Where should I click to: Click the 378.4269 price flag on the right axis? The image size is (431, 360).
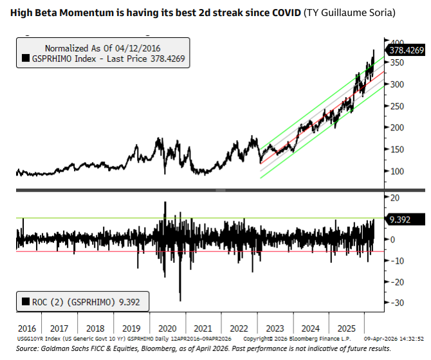(405, 50)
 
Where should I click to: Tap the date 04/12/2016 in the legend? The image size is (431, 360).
(138, 48)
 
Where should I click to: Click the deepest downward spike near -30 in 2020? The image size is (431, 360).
(180, 300)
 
